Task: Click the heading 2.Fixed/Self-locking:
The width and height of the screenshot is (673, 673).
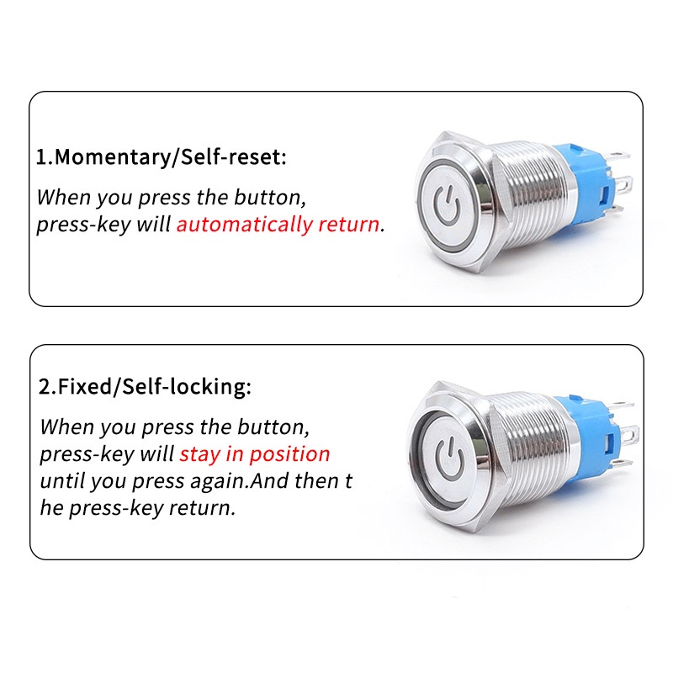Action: tap(145, 388)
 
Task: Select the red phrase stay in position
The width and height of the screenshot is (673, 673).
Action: tap(255, 454)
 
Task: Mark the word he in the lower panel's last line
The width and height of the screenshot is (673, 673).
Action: tap(51, 508)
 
